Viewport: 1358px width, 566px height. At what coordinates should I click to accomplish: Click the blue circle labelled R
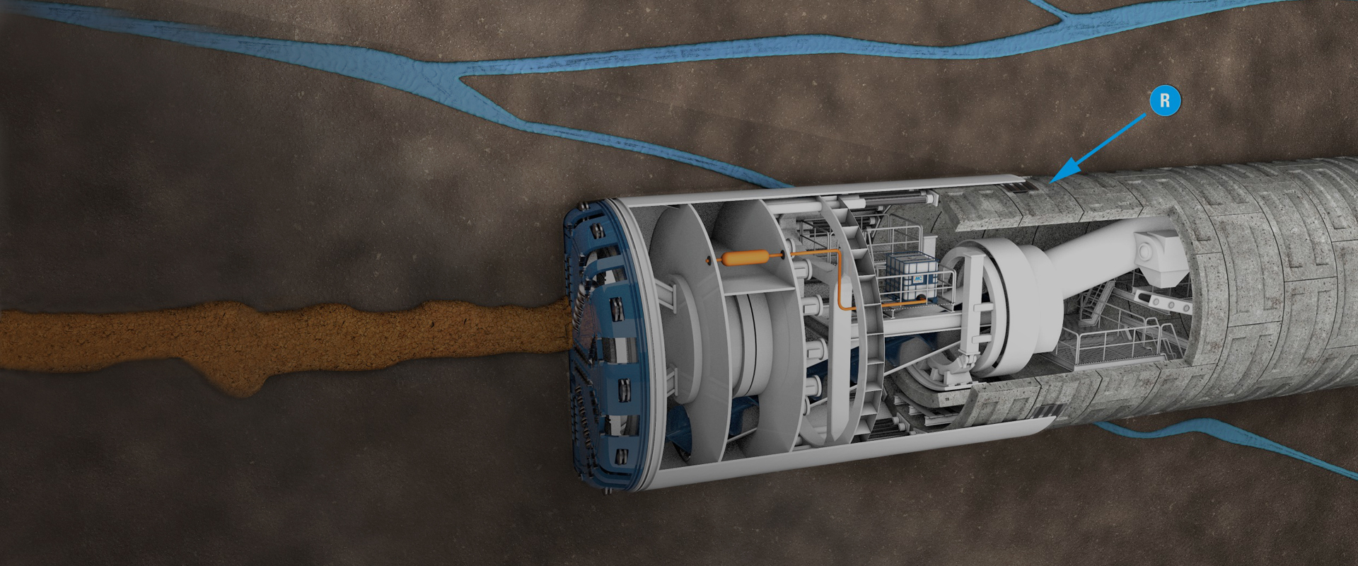[x=1165, y=101]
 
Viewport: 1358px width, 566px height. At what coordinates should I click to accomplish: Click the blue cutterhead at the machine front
[x=601, y=347]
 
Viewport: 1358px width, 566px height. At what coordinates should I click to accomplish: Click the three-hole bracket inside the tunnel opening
[x=1160, y=303]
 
